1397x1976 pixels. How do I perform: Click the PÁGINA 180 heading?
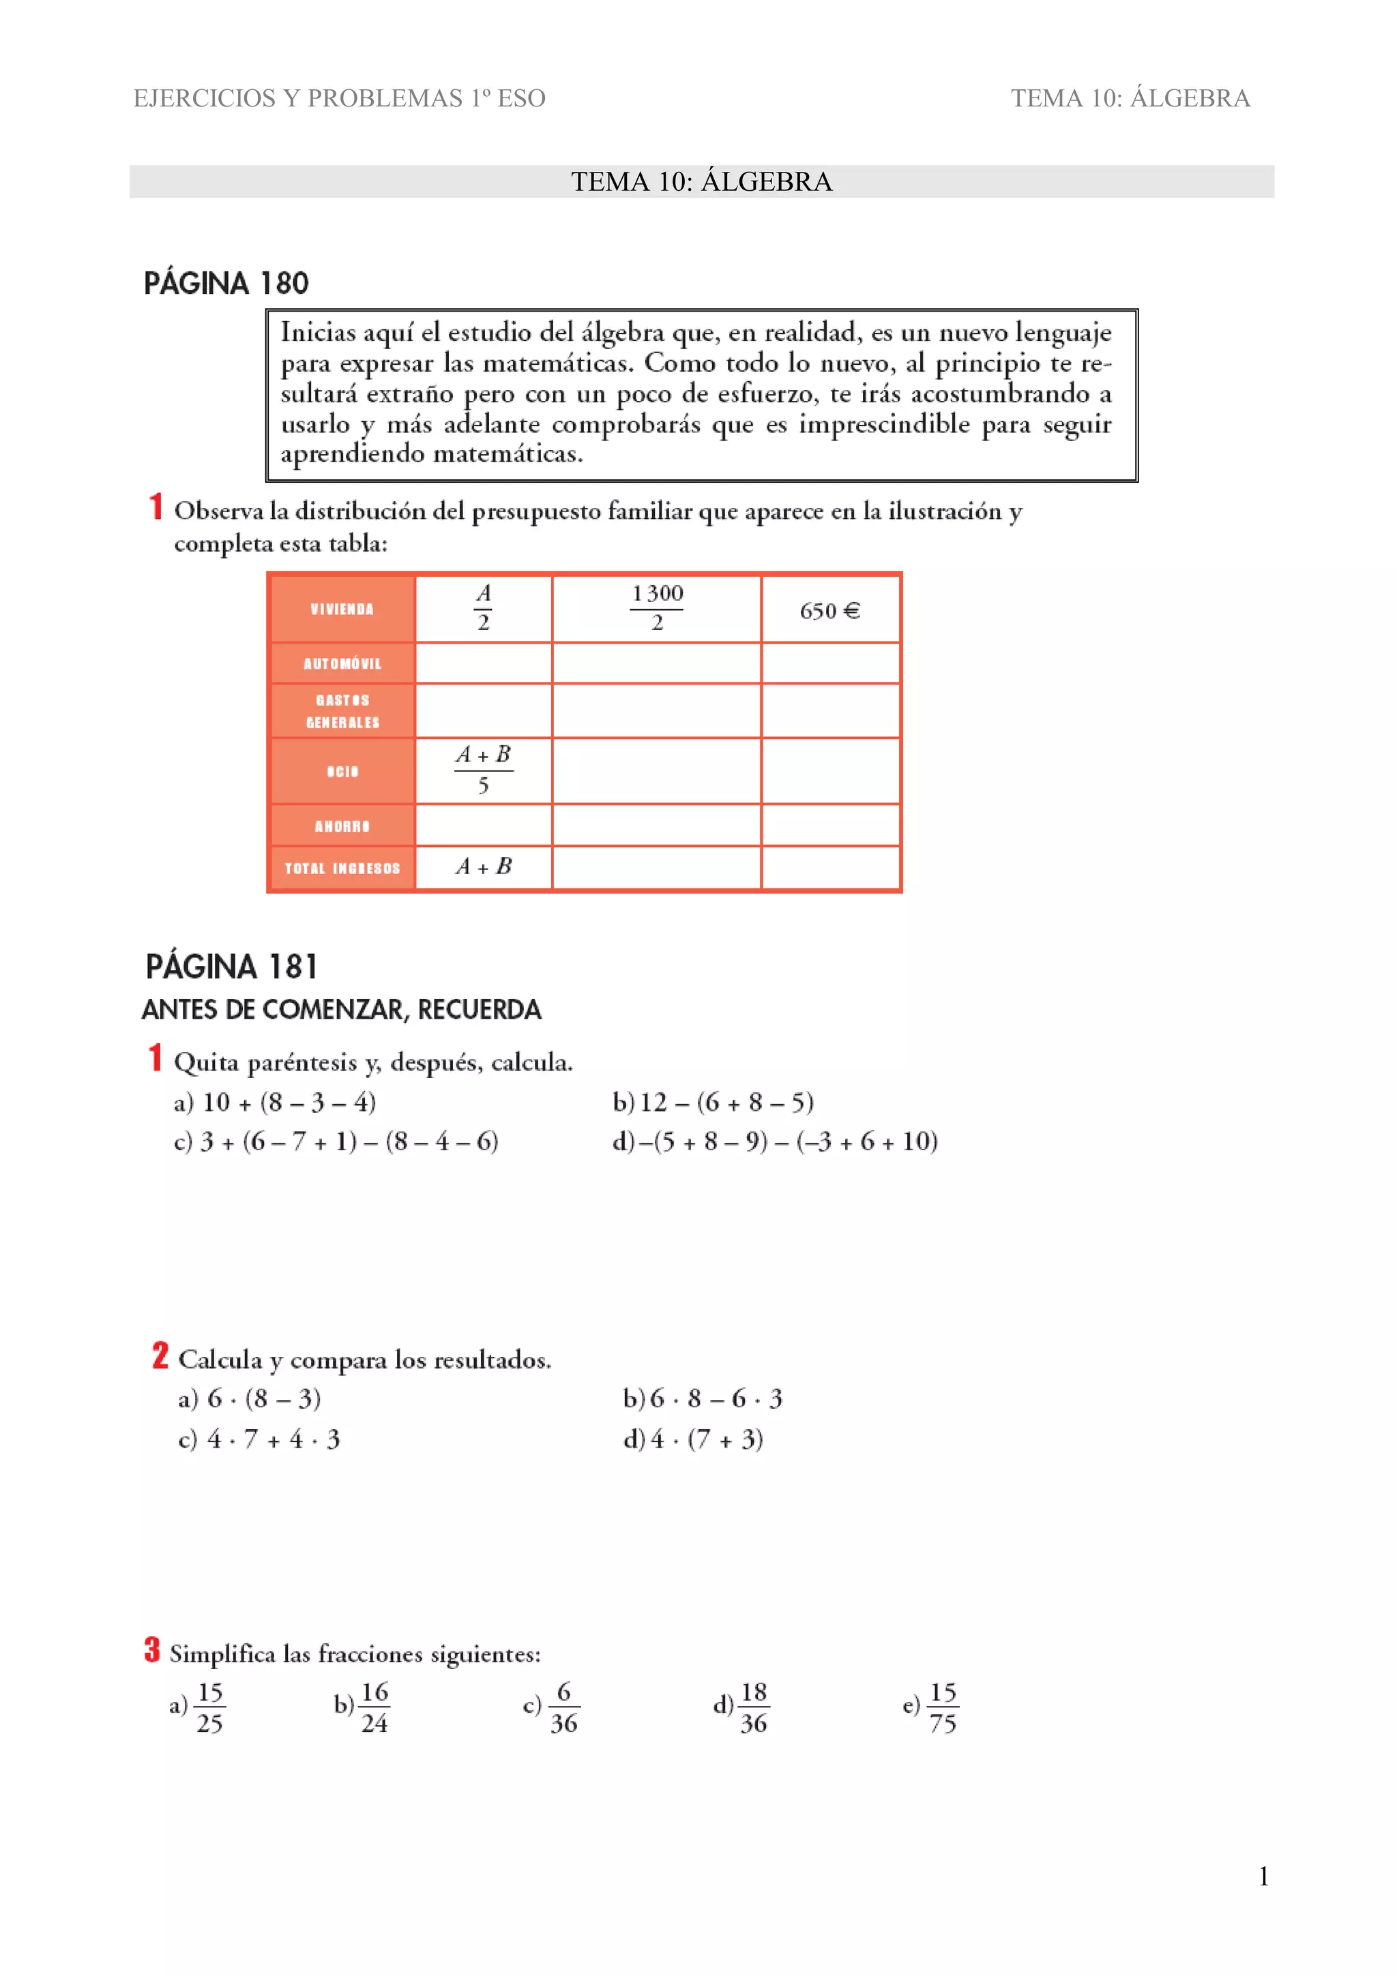[226, 283]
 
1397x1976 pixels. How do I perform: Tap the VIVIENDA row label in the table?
[342, 610]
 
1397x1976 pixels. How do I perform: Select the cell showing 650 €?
[829, 611]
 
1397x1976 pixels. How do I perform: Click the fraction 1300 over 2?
[657, 608]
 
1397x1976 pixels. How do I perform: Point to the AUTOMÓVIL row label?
[342, 663]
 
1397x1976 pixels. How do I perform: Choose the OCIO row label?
[342, 771]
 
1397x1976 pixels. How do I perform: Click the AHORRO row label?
[342, 826]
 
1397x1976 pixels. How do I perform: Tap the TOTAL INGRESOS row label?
[342, 869]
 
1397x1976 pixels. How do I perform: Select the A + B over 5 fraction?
[483, 769]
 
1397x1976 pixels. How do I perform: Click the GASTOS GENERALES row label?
[342, 711]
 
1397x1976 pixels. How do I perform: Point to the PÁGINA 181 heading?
[231, 966]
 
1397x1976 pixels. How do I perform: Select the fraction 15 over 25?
[209, 1707]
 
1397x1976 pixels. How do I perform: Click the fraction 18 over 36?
[753, 1707]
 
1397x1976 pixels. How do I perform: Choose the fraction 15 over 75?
[943, 1707]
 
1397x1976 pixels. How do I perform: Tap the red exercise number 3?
[152, 1650]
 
